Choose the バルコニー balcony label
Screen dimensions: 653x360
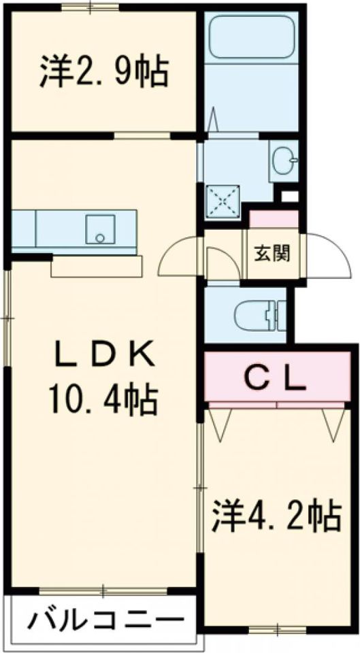(105, 620)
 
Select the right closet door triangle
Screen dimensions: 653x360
(334, 423)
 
